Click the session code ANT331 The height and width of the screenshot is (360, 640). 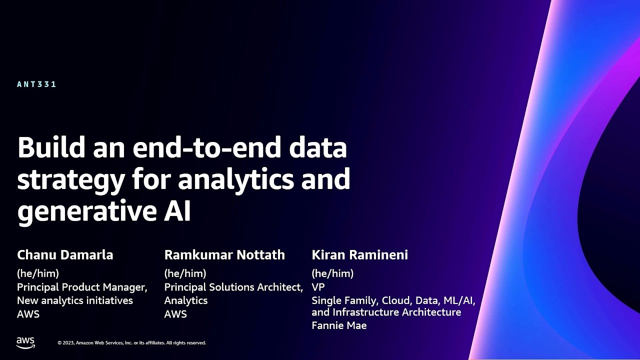coord(36,84)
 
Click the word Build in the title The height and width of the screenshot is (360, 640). coord(51,147)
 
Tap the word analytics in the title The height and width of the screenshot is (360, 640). coord(235,179)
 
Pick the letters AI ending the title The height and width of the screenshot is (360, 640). coord(177,211)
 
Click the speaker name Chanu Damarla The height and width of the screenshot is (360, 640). coord(65,255)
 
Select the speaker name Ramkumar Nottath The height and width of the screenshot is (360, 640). coord(224,255)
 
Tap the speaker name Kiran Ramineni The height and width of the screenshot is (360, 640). coord(359,255)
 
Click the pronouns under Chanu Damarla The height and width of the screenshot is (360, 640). coord(38,273)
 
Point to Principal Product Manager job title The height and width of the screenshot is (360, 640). coord(82,287)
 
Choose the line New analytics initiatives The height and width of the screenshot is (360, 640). coord(75,300)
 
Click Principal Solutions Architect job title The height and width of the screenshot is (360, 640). coord(233,287)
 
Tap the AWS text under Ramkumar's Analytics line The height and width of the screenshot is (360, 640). coord(175,314)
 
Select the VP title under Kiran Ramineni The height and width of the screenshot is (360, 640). coord(318,287)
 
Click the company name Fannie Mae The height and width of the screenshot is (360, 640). coord(339,325)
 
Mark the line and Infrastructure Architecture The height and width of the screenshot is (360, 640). coord(386,312)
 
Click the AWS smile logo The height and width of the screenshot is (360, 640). coord(25,343)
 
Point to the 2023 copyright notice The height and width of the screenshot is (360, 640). coord(131,343)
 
